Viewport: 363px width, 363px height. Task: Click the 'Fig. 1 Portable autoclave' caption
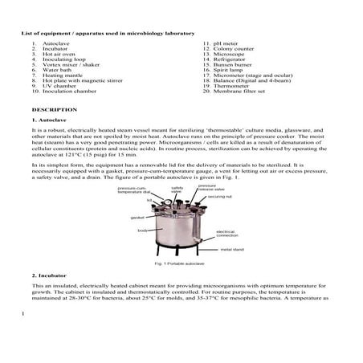(x=182, y=263)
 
